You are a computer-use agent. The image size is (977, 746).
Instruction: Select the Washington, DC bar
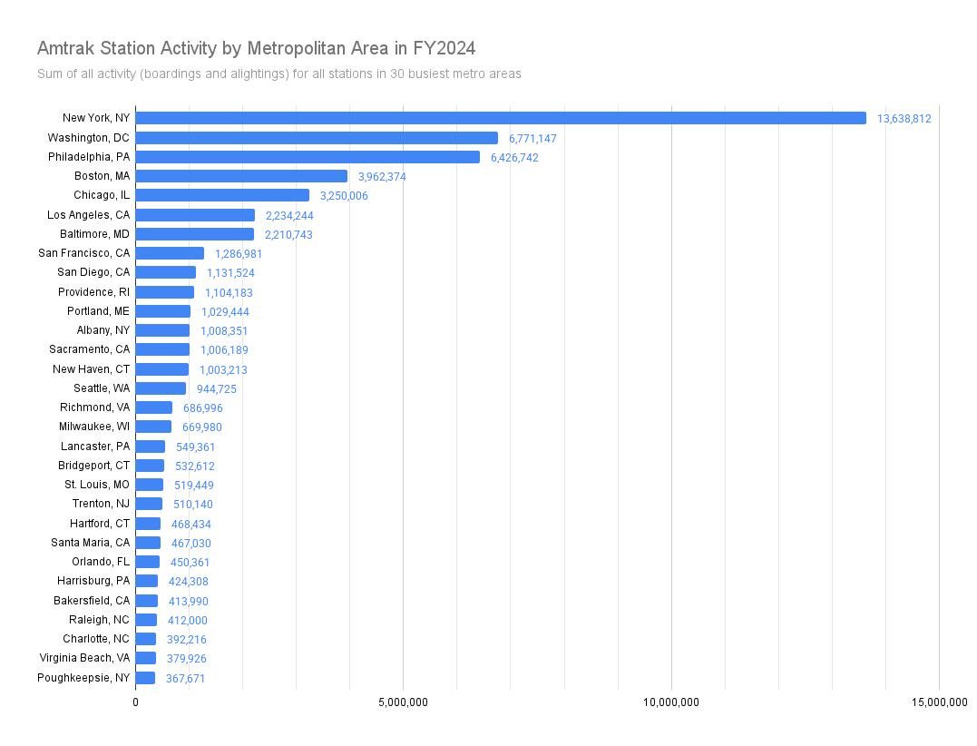point(317,138)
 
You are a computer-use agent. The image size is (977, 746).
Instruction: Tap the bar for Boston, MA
point(241,176)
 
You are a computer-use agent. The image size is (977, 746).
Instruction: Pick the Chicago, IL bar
point(222,195)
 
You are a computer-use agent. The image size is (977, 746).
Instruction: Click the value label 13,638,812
point(904,119)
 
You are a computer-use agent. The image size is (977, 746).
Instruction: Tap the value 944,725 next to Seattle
point(217,389)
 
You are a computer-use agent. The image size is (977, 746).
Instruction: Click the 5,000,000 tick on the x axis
point(403,702)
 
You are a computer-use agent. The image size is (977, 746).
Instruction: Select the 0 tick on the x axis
point(135,702)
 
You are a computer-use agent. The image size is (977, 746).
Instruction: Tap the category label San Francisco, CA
point(83,253)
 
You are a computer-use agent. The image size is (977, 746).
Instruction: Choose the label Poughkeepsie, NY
point(83,678)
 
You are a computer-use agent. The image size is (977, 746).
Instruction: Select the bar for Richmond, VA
point(153,407)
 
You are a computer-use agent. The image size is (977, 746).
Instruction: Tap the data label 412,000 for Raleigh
point(188,621)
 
